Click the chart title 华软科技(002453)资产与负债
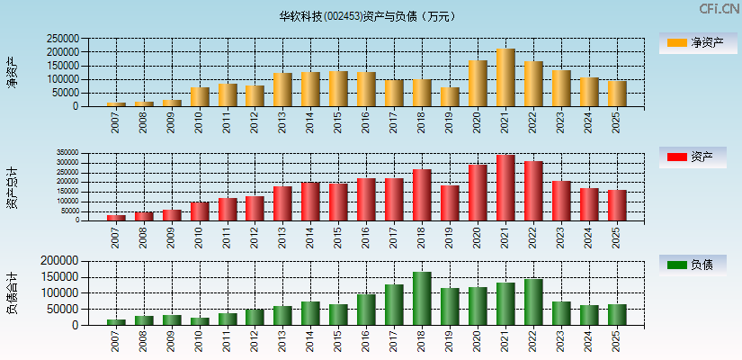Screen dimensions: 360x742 pos(367,15)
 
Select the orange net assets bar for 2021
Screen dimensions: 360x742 pos(505,77)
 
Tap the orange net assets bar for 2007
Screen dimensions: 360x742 pos(116,104)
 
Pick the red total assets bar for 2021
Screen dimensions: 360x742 pos(505,187)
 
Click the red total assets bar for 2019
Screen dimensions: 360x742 pos(450,202)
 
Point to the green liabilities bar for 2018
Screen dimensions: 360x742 pos(422,298)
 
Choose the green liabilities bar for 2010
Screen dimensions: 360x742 pos(199,320)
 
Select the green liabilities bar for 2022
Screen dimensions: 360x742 pos(533,301)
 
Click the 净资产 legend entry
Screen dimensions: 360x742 pos(693,42)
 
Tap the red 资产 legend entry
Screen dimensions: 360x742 pos(693,157)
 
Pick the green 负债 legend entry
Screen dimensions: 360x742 pos(693,265)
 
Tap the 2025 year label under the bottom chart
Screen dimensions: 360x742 pos(617,339)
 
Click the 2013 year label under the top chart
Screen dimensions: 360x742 pos(282,121)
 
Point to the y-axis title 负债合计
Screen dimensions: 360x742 pos(13,292)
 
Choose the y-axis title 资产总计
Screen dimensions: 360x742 pos(13,187)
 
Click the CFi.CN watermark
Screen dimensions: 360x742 pos(719,9)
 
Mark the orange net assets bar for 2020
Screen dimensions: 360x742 pos(478,84)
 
